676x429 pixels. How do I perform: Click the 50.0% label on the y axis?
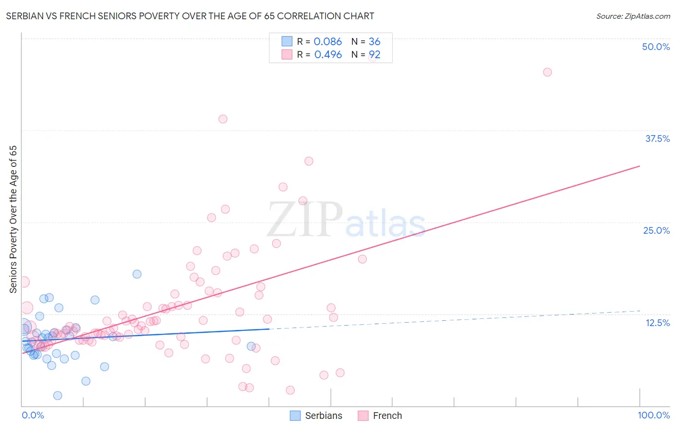[x=656, y=47]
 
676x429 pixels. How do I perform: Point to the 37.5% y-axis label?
[x=657, y=139]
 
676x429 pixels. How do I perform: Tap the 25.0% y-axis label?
[x=656, y=230]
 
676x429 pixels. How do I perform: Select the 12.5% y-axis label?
[x=657, y=323]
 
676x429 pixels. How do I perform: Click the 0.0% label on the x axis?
[x=33, y=415]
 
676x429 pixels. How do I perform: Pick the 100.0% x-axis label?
[x=653, y=415]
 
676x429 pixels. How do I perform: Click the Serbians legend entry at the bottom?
[x=324, y=416]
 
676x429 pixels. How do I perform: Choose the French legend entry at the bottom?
[x=387, y=416]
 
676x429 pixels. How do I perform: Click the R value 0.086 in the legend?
[x=327, y=42]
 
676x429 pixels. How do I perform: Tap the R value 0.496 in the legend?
[x=328, y=55]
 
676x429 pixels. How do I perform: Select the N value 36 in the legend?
[x=375, y=42]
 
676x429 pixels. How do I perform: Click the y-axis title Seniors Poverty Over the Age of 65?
[x=13, y=219]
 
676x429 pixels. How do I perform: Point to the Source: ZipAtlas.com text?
[x=633, y=16]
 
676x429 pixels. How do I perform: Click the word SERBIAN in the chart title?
[x=27, y=16]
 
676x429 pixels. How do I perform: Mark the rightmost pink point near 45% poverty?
[x=547, y=72]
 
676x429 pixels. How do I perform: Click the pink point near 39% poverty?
[x=223, y=119]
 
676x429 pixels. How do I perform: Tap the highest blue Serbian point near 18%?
[x=137, y=274]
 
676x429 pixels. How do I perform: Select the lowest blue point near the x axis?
[x=58, y=395]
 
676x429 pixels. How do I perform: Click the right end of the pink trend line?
[x=639, y=166]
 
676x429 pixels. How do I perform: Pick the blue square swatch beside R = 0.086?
[x=287, y=41]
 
